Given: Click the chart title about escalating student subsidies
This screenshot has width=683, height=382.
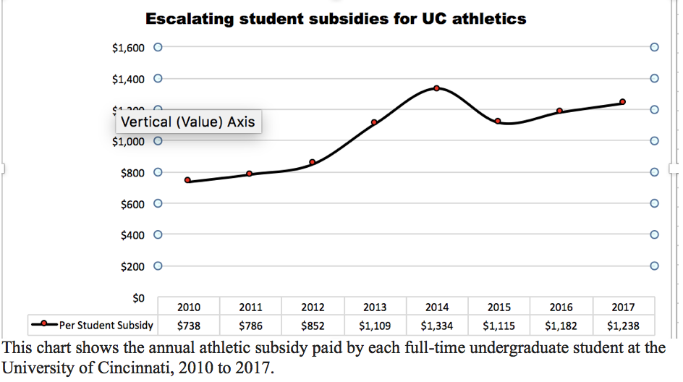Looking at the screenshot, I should coord(336,18).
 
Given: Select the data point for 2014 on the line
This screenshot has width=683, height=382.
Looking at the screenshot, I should coord(437,88).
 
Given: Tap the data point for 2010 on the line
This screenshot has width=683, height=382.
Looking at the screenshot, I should coord(187,180).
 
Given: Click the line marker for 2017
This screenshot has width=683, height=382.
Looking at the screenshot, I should coord(622,102).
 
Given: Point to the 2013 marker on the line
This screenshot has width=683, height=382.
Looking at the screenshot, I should coord(374,122).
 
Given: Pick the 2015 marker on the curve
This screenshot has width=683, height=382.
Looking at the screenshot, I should coord(498,121).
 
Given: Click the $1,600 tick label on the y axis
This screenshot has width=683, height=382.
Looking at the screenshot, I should coord(128,48).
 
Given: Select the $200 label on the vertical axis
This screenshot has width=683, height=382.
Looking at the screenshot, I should coord(132,266).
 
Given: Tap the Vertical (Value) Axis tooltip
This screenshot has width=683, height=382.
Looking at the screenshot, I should coord(188,122).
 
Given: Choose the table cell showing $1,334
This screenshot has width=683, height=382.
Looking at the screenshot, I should coord(437,326).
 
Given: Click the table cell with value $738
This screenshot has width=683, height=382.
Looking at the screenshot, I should coord(188,326).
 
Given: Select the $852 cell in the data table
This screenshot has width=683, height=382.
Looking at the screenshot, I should coord(313,326).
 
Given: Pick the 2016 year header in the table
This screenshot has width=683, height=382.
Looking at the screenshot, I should coord(561,307).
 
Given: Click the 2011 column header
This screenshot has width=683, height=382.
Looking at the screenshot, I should coord(250,307).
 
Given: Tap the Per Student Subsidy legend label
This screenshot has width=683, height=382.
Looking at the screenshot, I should coord(106,325).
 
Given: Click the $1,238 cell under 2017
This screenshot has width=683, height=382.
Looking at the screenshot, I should coord(623,326).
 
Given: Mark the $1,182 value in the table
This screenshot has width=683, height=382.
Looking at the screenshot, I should coord(561,326).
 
